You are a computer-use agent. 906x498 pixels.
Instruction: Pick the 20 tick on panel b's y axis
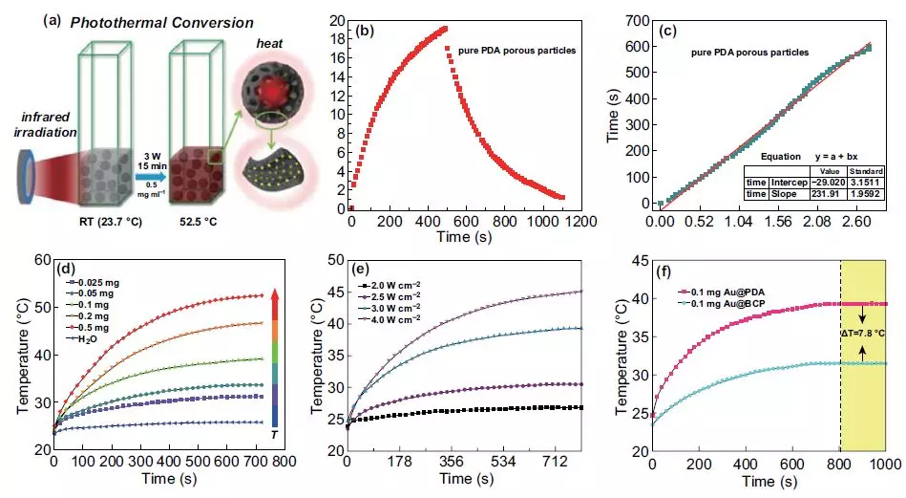(338, 19)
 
